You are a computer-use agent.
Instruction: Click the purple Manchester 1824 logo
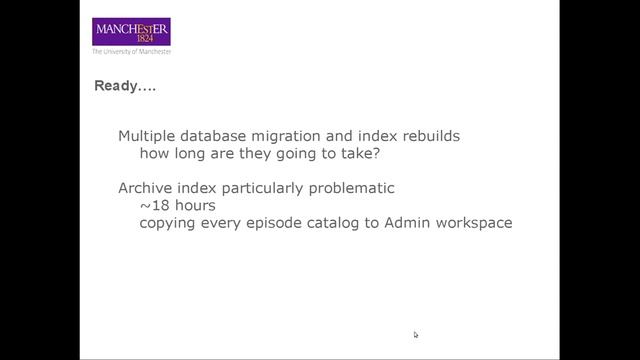(131, 31)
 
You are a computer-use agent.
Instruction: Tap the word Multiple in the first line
(146, 136)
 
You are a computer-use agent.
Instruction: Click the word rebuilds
(429, 136)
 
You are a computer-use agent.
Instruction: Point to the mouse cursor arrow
(416, 334)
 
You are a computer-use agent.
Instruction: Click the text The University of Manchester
(131, 51)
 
